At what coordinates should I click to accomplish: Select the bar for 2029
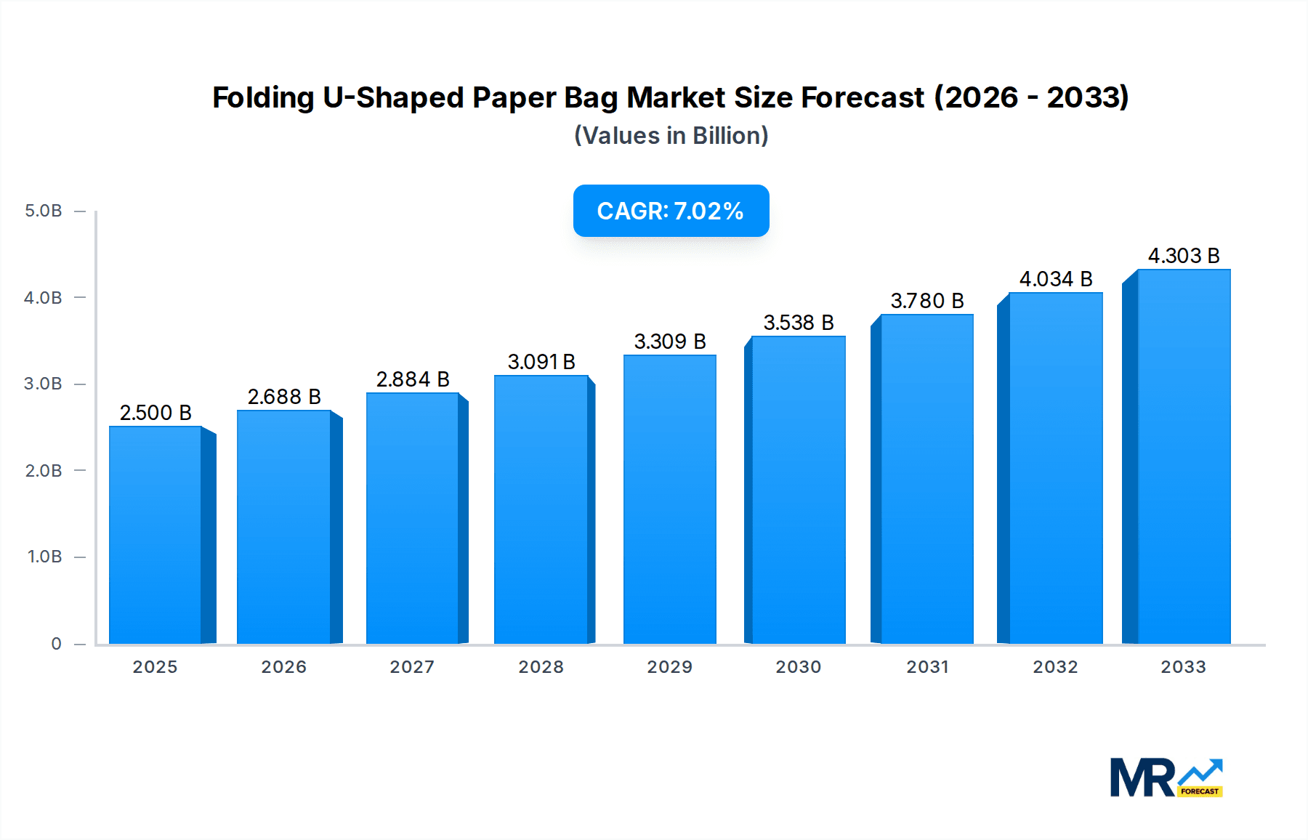click(669, 499)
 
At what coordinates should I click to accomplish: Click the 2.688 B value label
click(284, 397)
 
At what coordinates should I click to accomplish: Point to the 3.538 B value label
click(799, 323)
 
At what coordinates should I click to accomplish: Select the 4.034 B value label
click(1056, 279)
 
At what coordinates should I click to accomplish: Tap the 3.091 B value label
click(541, 362)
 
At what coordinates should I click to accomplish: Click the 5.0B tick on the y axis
click(44, 211)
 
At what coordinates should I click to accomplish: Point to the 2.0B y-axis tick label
click(44, 471)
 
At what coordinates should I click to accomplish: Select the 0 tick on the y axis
click(56, 644)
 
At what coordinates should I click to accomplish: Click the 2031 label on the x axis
click(927, 667)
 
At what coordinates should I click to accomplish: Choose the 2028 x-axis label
click(541, 667)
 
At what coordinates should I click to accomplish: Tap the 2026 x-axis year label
click(283, 667)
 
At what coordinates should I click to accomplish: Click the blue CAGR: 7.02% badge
click(671, 211)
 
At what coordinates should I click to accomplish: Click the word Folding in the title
click(262, 97)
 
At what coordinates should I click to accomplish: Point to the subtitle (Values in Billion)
click(671, 136)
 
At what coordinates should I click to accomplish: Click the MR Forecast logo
click(1166, 778)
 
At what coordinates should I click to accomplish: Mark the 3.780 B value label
click(927, 301)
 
